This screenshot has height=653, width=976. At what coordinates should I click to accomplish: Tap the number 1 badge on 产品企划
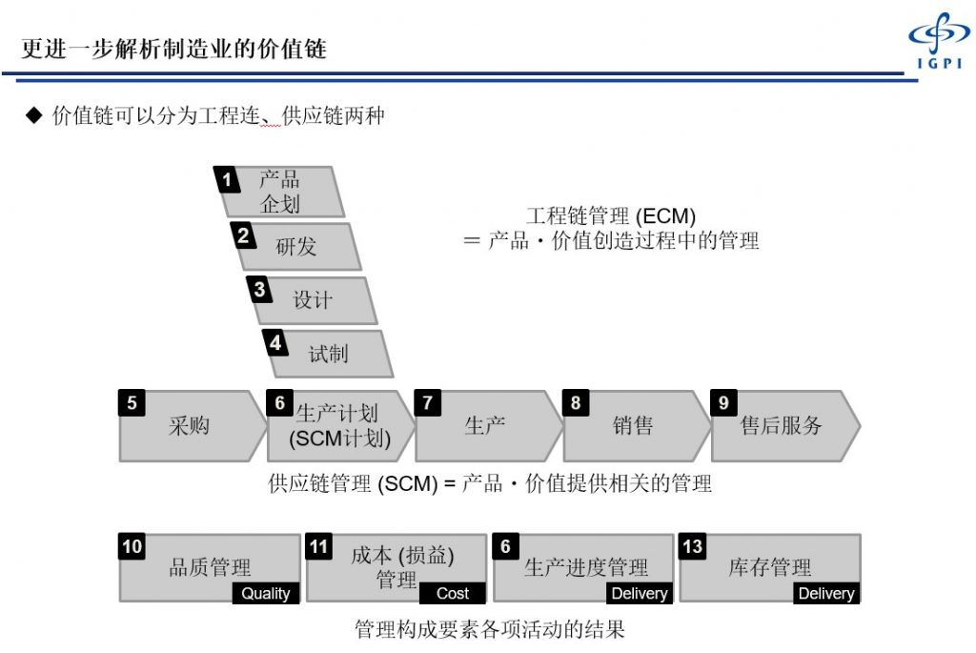(x=227, y=180)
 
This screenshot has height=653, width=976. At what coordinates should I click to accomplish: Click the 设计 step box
(x=312, y=300)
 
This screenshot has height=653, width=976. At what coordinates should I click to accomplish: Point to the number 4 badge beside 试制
(x=275, y=342)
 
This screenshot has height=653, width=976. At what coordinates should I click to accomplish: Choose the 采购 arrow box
(x=193, y=426)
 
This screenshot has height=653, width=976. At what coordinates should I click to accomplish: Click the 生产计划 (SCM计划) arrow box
(x=341, y=426)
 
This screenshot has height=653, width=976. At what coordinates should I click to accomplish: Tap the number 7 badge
(x=428, y=402)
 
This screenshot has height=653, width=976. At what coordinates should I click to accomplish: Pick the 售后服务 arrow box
(x=786, y=426)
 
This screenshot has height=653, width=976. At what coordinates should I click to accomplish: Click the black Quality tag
(x=266, y=593)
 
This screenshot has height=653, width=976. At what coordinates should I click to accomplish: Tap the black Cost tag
(x=453, y=593)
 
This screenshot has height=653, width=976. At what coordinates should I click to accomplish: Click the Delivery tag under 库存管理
(x=826, y=593)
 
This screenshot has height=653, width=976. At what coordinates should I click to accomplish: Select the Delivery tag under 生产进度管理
(x=640, y=593)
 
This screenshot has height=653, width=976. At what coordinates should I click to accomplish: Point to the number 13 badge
(x=692, y=546)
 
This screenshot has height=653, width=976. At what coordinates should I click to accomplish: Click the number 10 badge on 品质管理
(x=132, y=546)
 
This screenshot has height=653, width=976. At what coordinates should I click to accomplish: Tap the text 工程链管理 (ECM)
(x=611, y=216)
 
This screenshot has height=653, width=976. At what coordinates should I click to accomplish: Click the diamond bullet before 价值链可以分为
(x=33, y=114)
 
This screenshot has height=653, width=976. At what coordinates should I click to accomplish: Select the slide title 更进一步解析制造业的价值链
(x=174, y=49)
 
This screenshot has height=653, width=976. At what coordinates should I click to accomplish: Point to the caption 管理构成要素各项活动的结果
(x=489, y=629)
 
